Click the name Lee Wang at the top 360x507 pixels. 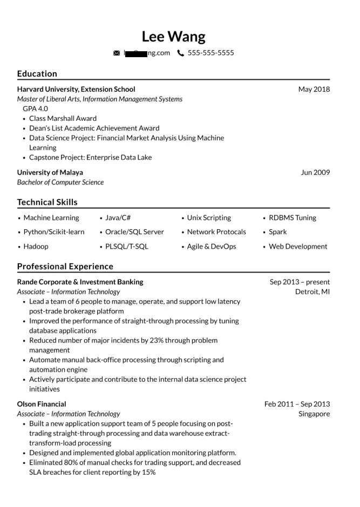click(173, 37)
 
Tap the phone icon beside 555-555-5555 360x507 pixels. click(180, 53)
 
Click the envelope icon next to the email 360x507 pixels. click(117, 53)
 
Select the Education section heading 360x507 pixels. click(37, 74)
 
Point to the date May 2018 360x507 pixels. click(314, 89)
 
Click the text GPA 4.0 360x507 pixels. click(35, 108)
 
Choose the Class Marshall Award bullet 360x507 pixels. click(63, 118)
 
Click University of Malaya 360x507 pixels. click(50, 173)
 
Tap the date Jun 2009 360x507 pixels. click(315, 173)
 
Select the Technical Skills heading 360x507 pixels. click(47, 202)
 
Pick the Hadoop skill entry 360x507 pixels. click(36, 246)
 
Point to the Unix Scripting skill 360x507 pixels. click(208, 218)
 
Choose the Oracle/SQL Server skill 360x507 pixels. click(134, 232)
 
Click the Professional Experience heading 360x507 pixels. click(65, 266)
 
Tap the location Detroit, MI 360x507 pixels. click(312, 292)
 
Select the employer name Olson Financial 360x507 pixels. click(42, 404)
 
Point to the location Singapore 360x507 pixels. click(314, 414)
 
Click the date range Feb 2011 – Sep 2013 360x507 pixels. click(297, 404)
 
